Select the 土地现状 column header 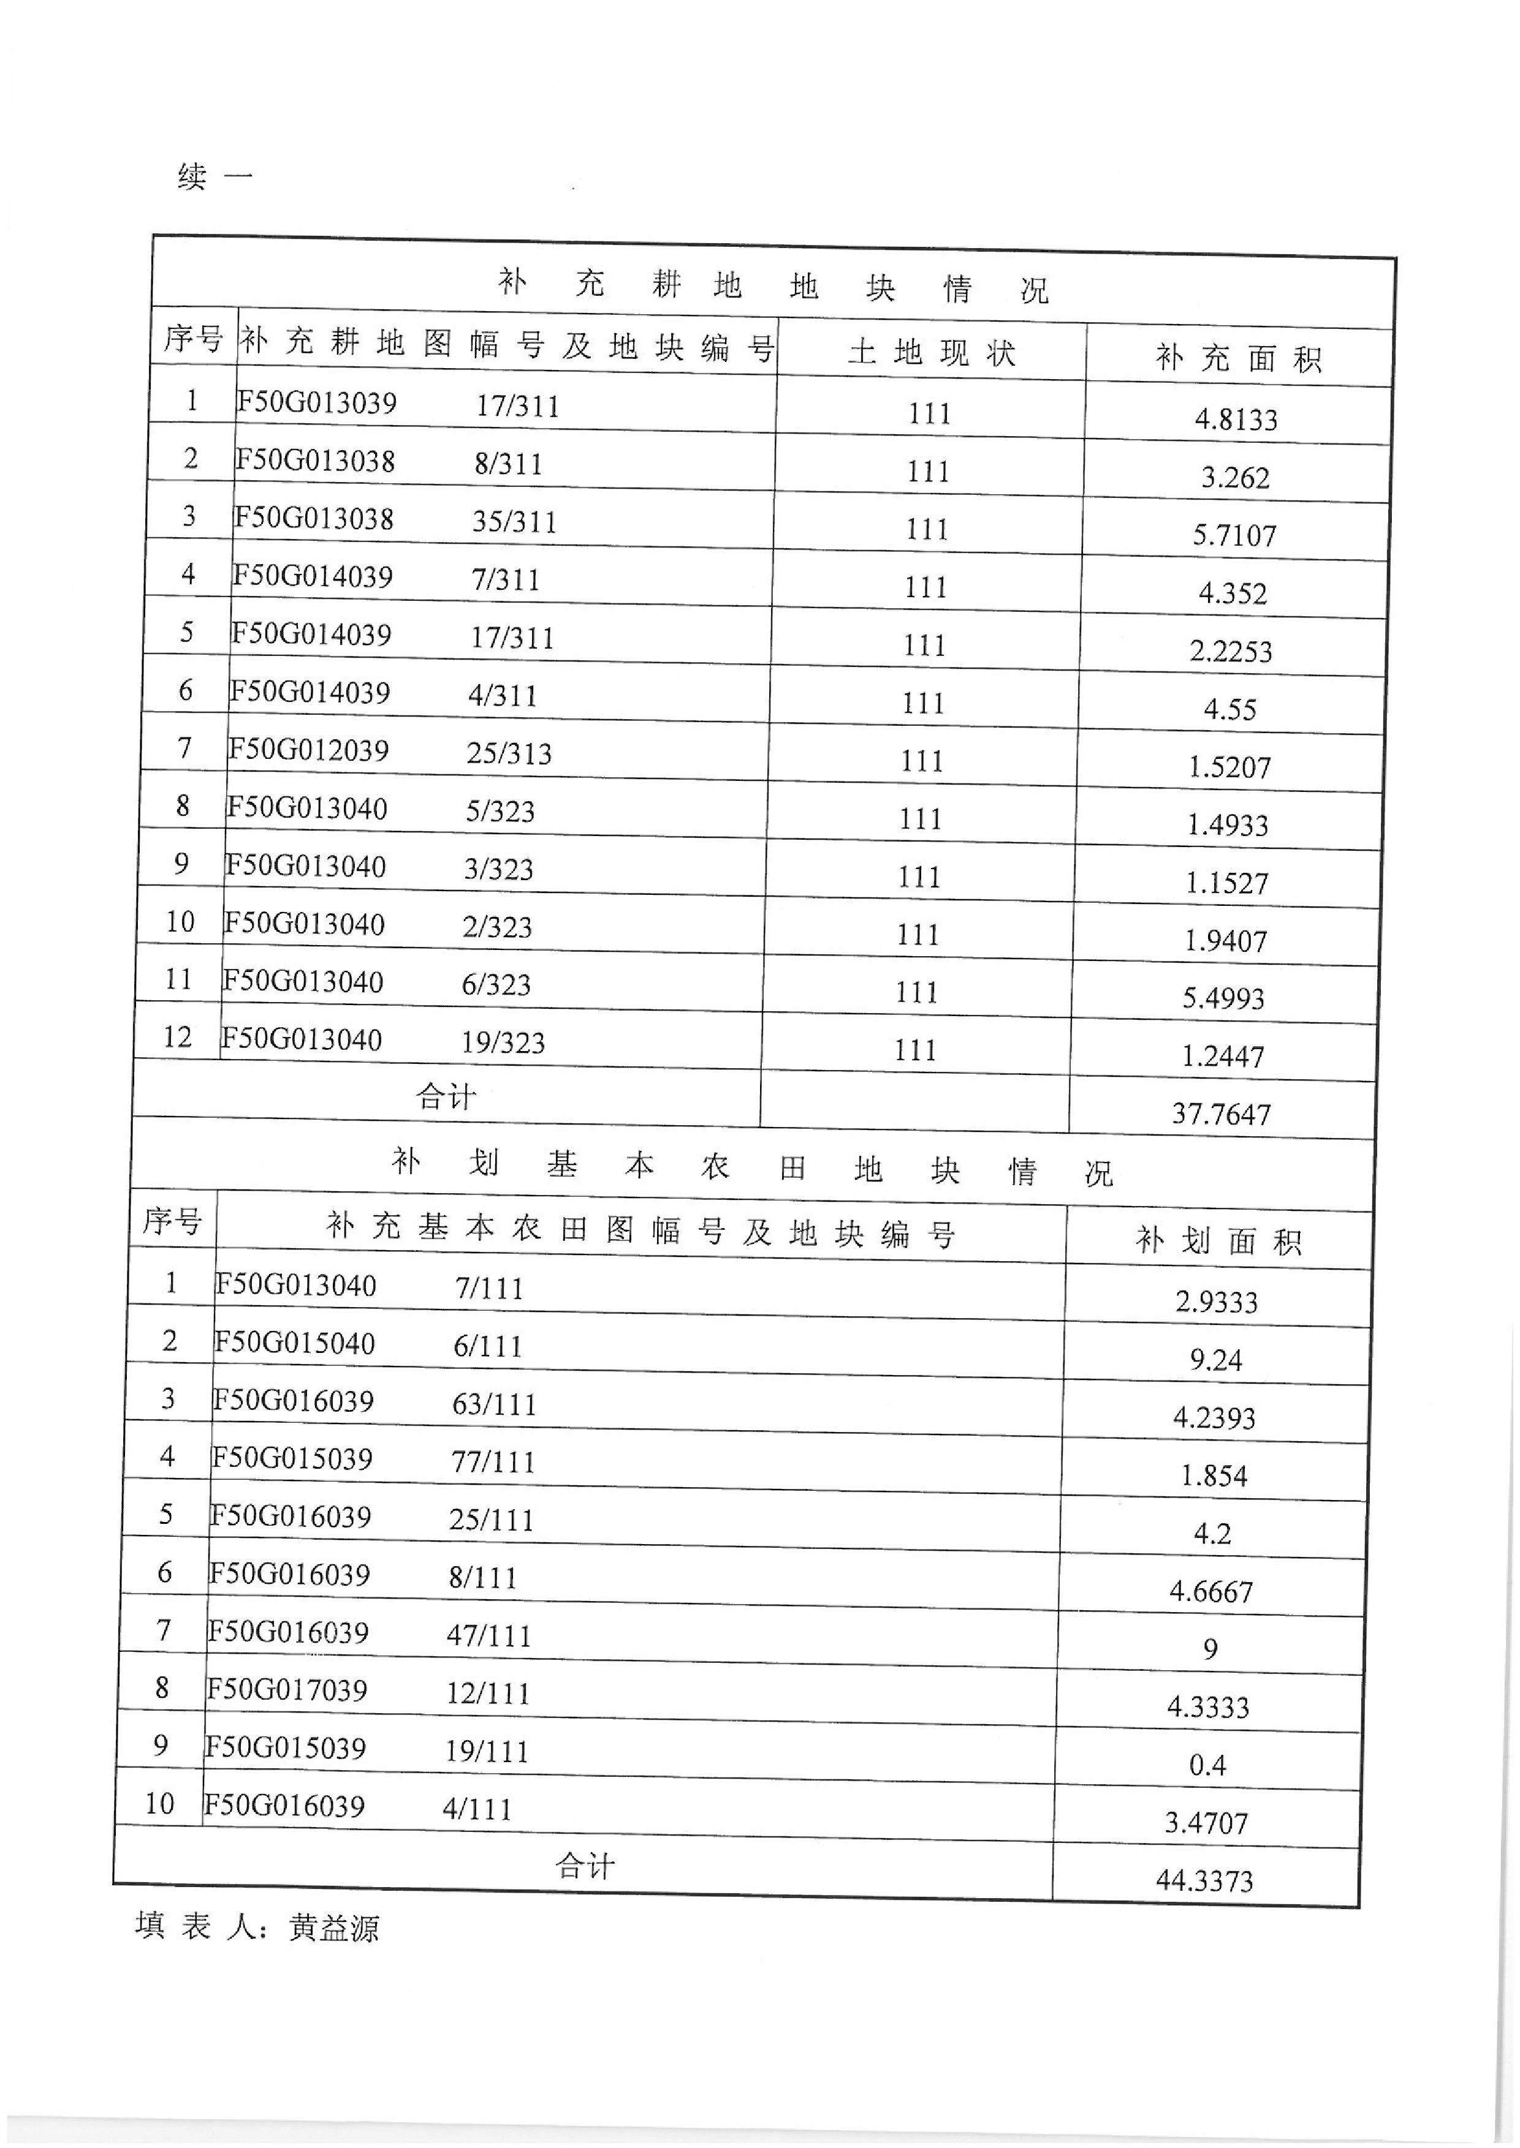coord(931,353)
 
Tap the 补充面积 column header coord(1237,358)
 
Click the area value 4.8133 coord(1236,419)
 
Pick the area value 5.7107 coord(1234,535)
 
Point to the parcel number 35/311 coord(514,521)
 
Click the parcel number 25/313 coord(509,753)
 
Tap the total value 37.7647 coord(1222,1114)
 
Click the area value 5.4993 coord(1223,998)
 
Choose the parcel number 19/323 coord(503,1042)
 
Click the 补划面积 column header coord(1218,1242)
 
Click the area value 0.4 coord(1207,1765)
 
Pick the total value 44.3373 coord(1204,1880)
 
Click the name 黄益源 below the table coord(334,1928)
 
